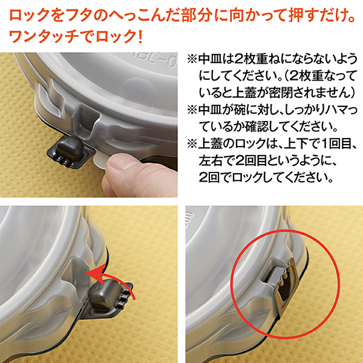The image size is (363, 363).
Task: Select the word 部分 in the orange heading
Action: (x=197, y=16)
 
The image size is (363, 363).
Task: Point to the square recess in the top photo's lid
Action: (x=86, y=122)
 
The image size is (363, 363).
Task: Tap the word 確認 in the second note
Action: (x=257, y=126)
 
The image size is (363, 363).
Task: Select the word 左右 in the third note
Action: (x=210, y=160)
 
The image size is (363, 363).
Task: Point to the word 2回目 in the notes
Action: (x=251, y=160)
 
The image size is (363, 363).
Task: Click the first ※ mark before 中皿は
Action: (x=192, y=59)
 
